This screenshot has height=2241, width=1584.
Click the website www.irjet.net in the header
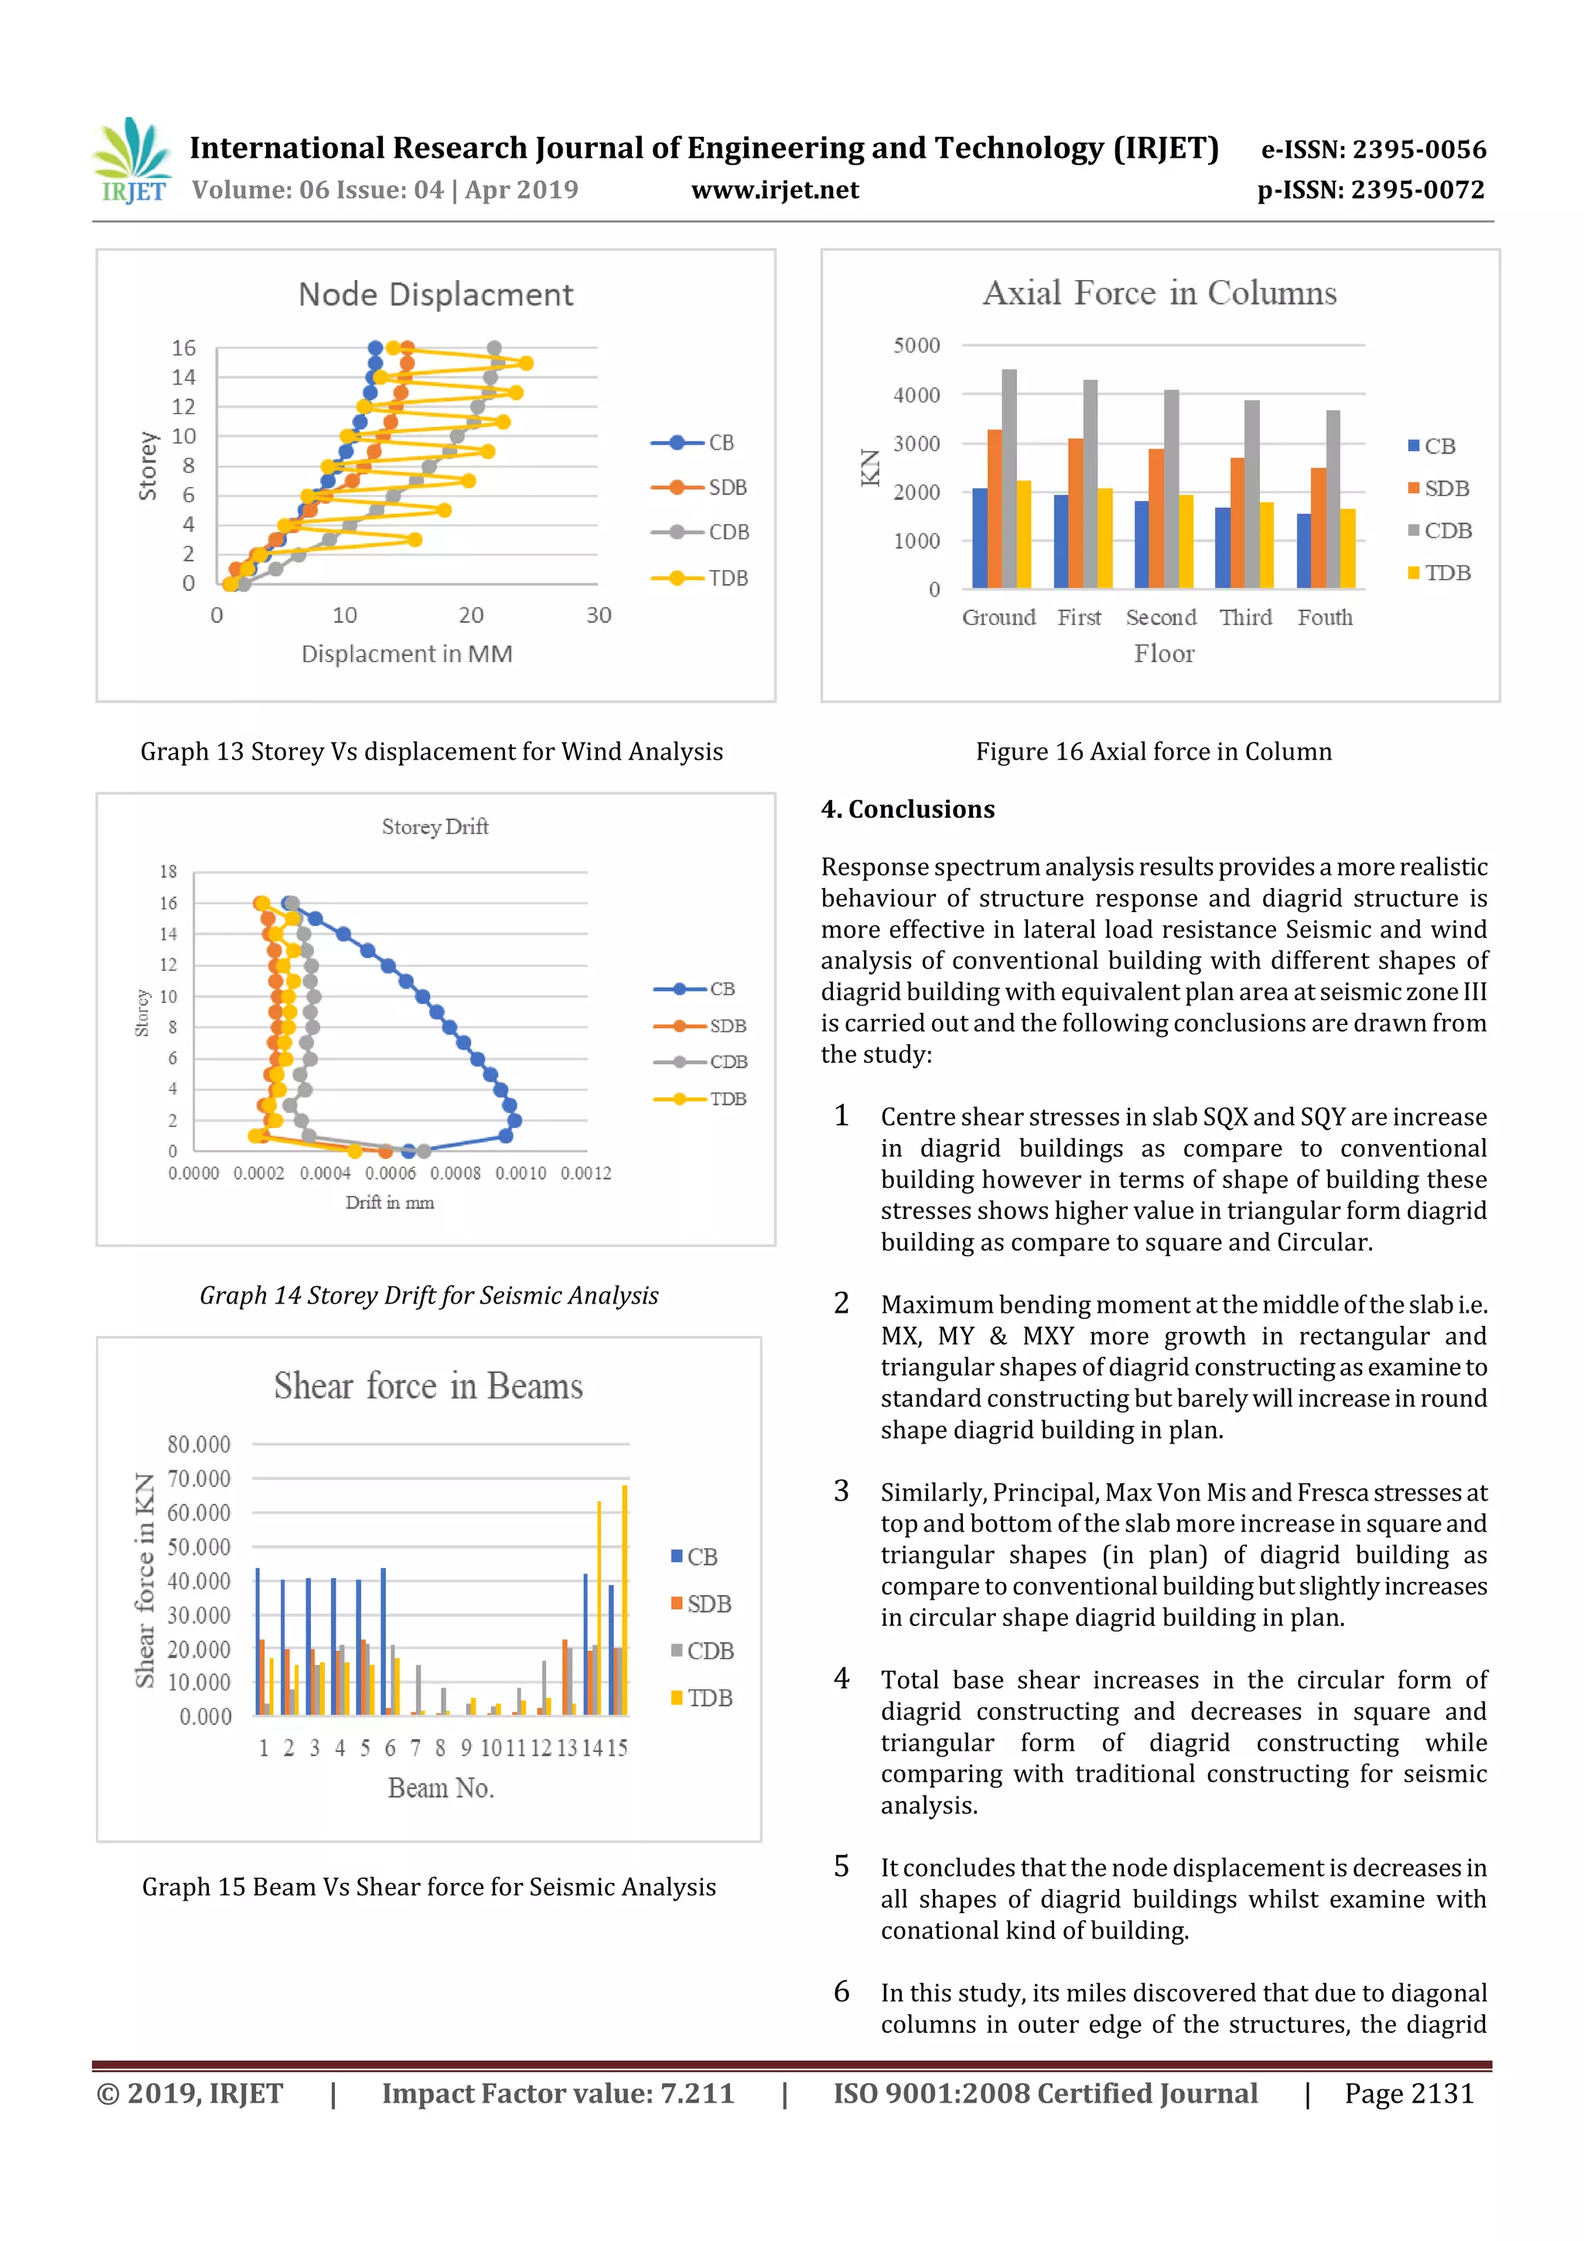click(x=775, y=190)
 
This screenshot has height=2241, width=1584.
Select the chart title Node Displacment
click(x=435, y=295)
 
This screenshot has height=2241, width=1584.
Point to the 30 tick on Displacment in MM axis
click(x=599, y=616)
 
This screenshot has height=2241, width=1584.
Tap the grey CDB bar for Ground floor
click(x=1009, y=478)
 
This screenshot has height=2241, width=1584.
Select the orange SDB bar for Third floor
click(x=1237, y=523)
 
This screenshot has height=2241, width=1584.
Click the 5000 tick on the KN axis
click(x=916, y=346)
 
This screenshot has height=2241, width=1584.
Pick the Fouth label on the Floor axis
click(x=1324, y=618)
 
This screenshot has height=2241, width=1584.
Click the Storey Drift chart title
click(x=435, y=827)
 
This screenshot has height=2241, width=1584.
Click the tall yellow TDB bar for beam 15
click(x=625, y=1600)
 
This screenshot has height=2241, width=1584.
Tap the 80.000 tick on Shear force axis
click(x=198, y=1444)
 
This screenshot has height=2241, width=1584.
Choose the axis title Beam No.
click(x=440, y=1788)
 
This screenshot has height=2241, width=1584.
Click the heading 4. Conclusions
click(x=908, y=809)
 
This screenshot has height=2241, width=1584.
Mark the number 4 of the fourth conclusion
click(x=841, y=1678)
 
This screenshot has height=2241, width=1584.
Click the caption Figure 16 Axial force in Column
click(x=1154, y=752)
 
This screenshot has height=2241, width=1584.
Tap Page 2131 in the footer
click(x=1408, y=2093)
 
